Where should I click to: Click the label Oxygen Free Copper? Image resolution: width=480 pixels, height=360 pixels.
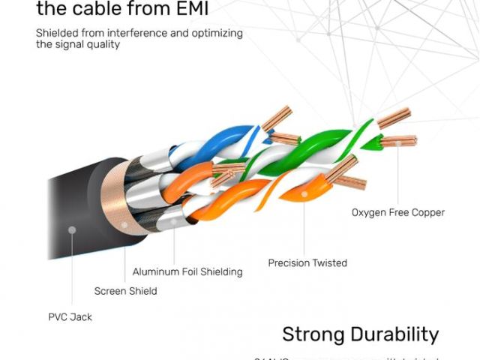tap(397, 212)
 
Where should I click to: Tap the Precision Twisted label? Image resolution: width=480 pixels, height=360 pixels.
tap(307, 263)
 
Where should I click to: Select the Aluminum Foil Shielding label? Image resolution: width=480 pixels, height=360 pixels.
tap(187, 272)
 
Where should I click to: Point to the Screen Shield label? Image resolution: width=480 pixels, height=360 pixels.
tap(125, 291)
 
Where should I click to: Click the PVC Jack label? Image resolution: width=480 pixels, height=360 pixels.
tap(70, 317)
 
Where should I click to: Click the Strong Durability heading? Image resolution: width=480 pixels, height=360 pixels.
tap(360, 334)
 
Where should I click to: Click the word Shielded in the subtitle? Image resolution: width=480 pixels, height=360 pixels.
tap(57, 33)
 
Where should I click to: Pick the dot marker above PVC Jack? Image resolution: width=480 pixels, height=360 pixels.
tap(71, 229)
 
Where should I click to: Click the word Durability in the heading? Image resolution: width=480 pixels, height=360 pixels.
tap(392, 334)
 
